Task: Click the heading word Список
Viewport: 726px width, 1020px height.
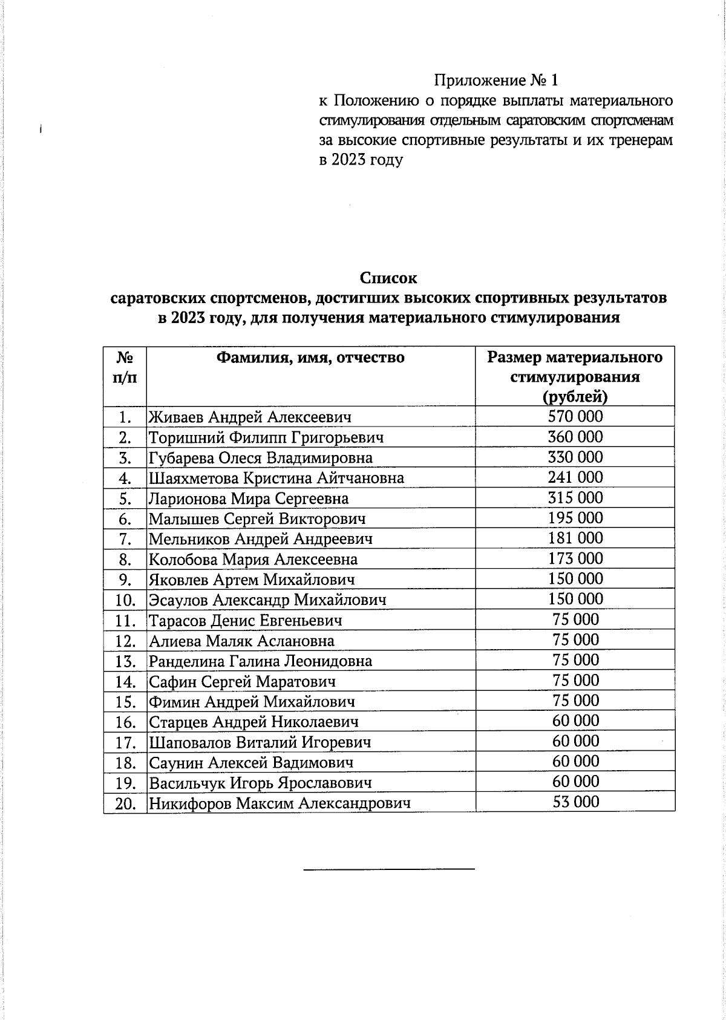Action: click(388, 278)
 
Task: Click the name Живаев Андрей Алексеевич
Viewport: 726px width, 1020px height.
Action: click(250, 417)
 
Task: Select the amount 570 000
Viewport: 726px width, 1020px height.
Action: click(575, 416)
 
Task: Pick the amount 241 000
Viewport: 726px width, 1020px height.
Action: click(575, 477)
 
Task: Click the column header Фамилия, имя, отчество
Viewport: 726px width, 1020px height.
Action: click(310, 358)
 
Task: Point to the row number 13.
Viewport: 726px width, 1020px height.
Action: click(125, 661)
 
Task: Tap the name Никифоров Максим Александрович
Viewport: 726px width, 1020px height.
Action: click(280, 803)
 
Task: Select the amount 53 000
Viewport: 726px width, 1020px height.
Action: click(575, 802)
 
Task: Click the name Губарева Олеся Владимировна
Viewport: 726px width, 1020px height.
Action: click(261, 458)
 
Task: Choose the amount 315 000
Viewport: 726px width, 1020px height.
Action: click(575, 498)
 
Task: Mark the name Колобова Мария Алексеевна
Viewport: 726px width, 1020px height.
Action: click(253, 560)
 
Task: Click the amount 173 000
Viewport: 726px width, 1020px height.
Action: click(575, 558)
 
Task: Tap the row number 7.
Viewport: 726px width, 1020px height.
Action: click(125, 539)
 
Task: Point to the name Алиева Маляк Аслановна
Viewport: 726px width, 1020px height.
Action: click(241, 641)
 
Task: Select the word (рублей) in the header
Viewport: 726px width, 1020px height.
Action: click(575, 397)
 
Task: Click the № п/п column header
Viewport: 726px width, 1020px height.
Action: click(125, 368)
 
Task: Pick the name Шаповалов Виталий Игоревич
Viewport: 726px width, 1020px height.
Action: click(260, 742)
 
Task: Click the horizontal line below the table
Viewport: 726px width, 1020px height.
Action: click(388, 869)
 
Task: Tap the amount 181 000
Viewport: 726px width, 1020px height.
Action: click(575, 538)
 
